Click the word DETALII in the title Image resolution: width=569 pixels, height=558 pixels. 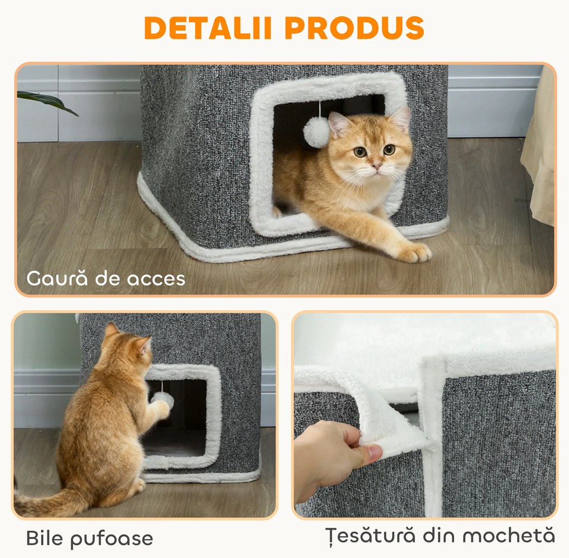pos(206,28)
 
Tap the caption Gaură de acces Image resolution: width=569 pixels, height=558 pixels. pos(106,277)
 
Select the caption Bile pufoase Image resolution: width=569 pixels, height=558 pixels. pos(89,538)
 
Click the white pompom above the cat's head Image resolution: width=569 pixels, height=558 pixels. pos(316,132)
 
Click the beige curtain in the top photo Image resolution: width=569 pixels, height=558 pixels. pos(540,151)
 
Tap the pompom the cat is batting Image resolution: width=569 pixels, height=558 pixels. pos(162,399)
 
